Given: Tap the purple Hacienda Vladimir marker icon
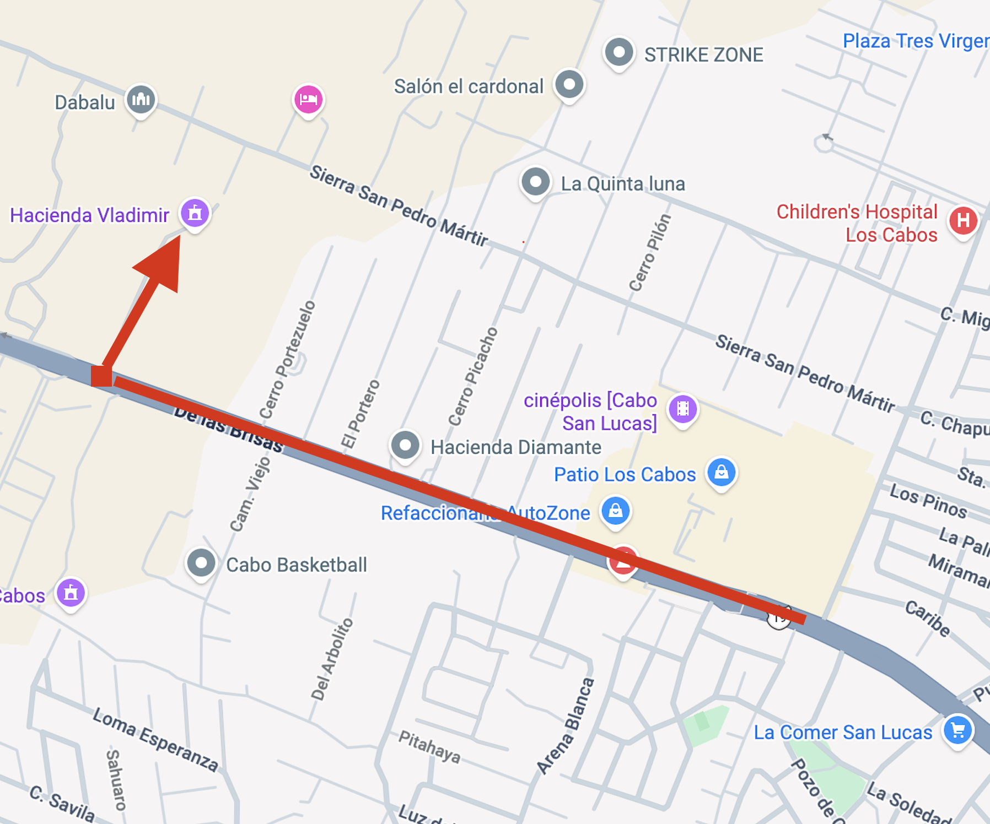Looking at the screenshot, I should pyautogui.click(x=195, y=213).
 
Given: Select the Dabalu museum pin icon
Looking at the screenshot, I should pyautogui.click(x=141, y=99).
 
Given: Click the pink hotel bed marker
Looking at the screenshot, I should pyautogui.click(x=308, y=99).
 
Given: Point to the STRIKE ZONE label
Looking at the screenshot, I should pyautogui.click(x=703, y=55).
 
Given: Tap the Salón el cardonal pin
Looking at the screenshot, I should pyautogui.click(x=569, y=85).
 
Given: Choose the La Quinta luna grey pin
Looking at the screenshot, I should pyautogui.click(x=535, y=182).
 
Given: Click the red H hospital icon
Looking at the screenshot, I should pyautogui.click(x=963, y=221).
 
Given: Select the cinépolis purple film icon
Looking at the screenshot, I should pyautogui.click(x=683, y=409).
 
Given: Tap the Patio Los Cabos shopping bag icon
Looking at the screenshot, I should pyautogui.click(x=721, y=473).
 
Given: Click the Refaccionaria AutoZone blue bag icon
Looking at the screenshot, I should pyautogui.click(x=616, y=511).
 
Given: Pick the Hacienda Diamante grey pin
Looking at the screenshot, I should pyautogui.click(x=405, y=445).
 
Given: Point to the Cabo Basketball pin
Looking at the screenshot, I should pyautogui.click(x=201, y=563).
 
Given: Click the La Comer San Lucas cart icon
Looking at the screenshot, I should pyautogui.click(x=958, y=730).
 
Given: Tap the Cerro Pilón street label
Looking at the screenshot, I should pyautogui.click(x=650, y=253).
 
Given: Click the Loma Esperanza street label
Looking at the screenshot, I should pyautogui.click(x=155, y=740).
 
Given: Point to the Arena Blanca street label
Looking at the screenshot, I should pyautogui.click(x=566, y=727).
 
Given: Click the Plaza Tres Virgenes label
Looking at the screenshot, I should pyautogui.click(x=916, y=41).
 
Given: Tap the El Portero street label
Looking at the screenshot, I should pyautogui.click(x=361, y=414).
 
